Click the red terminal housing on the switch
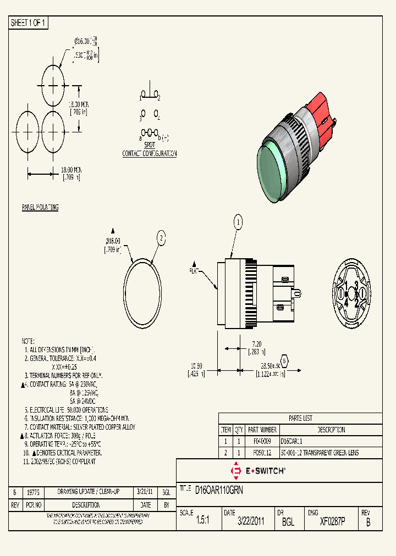318,113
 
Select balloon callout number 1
238,222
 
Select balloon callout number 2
161,237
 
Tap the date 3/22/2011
251,522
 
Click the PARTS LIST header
300,418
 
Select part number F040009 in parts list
262,441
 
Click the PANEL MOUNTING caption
40,207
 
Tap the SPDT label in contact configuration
150,146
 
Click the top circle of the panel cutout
53,85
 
